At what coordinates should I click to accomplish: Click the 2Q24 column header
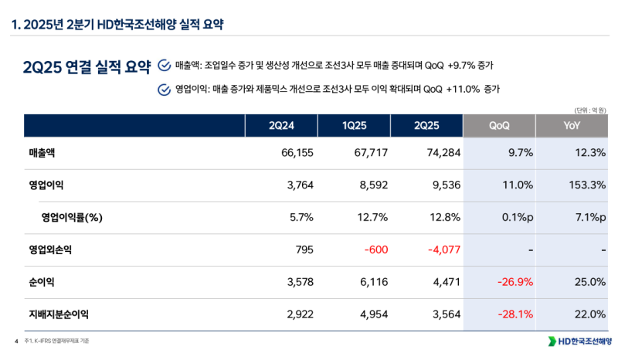[x=281, y=125]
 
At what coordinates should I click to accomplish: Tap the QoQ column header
[x=499, y=125]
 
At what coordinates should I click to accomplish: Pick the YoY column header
[x=572, y=125]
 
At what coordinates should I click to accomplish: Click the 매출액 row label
[x=42, y=153]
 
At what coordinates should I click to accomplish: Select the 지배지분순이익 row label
[x=59, y=314]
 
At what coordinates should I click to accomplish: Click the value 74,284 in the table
[x=443, y=153]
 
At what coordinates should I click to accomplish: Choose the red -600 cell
[x=374, y=250]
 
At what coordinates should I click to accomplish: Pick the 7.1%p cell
[x=586, y=217]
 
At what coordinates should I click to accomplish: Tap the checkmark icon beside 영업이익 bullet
[x=164, y=89]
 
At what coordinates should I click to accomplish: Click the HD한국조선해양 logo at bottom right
[x=579, y=341]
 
